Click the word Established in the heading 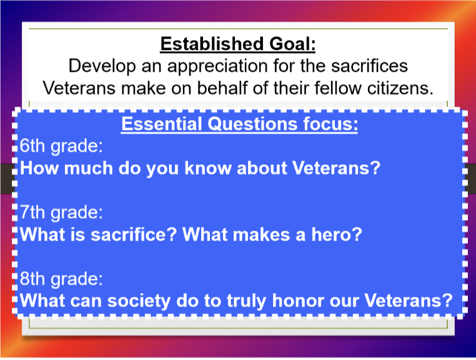tap(212, 44)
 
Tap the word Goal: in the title tap(292, 44)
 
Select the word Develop tap(102, 66)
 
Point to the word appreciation tap(217, 66)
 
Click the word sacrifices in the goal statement tap(369, 66)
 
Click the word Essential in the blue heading tap(162, 124)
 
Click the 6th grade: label tap(61, 146)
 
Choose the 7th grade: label tap(61, 212)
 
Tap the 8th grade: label tap(61, 279)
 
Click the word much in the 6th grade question tap(88, 168)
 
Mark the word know tap(208, 168)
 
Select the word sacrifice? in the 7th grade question tap(134, 234)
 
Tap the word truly tap(246, 302)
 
